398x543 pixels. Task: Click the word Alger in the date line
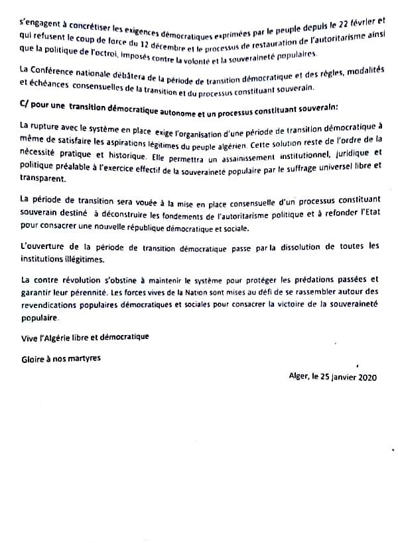300,377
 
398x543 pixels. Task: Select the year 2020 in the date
367,377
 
